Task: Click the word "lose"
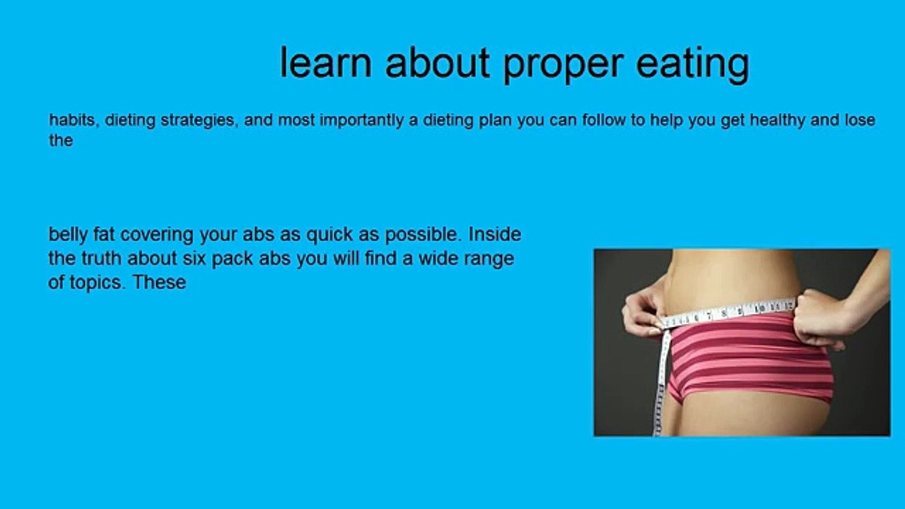tap(859, 120)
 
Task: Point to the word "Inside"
tap(494, 234)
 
